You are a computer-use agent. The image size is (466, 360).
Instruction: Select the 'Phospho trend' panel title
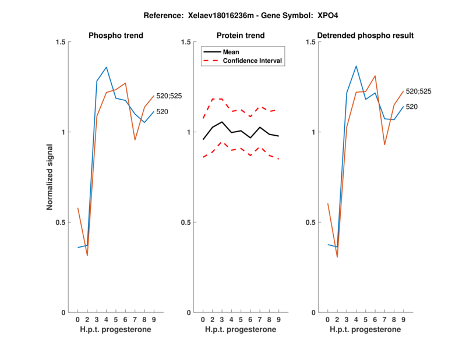pos(115,36)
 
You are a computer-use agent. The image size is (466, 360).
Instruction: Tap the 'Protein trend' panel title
pos(241,36)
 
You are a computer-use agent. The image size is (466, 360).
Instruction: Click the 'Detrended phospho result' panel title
pos(365,36)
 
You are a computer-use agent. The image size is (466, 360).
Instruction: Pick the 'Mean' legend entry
pos(231,52)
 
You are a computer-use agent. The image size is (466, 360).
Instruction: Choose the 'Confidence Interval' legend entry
pos(253,61)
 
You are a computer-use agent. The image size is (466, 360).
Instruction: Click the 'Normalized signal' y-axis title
pos(50,177)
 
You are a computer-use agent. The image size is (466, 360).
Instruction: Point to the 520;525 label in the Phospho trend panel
pos(169,96)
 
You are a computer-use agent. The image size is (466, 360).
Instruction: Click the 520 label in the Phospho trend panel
pos(163,111)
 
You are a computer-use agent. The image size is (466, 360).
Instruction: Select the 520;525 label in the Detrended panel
pos(418,91)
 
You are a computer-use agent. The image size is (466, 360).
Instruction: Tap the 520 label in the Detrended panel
pos(412,107)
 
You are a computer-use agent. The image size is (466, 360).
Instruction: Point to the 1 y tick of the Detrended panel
pos(315,132)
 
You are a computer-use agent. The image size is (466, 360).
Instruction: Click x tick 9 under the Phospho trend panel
pos(153,320)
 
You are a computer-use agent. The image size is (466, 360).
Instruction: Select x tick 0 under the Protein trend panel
pos(203,320)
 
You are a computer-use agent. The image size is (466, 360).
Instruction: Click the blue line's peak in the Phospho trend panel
pos(106,67)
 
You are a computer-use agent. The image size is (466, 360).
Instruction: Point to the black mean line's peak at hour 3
pos(222,122)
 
